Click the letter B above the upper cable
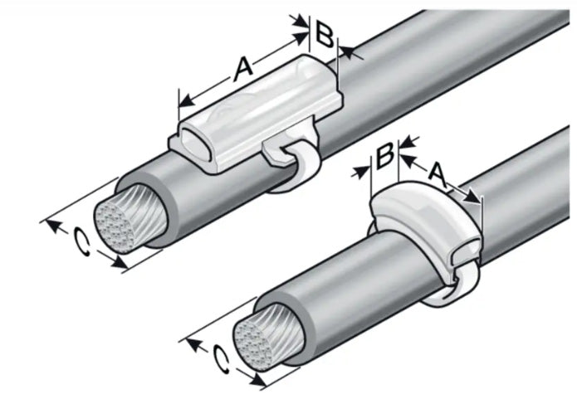click(325, 35)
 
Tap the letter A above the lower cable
click(438, 173)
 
